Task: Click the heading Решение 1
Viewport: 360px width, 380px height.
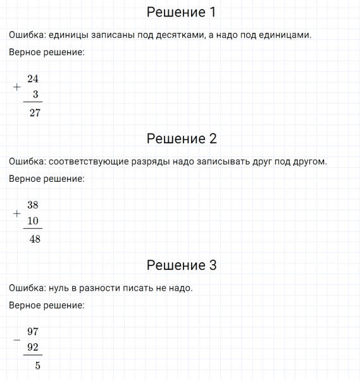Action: (181, 12)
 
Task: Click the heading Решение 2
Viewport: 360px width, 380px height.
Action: (181, 139)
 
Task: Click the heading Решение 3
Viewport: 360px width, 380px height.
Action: (181, 265)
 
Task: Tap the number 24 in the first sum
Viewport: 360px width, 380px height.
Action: (34, 79)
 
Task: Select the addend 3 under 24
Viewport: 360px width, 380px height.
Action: (35, 94)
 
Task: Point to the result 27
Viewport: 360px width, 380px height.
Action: (35, 113)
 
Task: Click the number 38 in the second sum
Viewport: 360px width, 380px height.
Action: (34, 205)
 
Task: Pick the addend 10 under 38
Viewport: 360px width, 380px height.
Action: (34, 220)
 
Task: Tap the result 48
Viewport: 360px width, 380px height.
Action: (35, 239)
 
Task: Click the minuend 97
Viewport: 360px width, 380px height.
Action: (34, 331)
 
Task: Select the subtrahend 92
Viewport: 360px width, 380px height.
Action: (34, 346)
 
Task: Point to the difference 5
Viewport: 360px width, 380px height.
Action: (37, 365)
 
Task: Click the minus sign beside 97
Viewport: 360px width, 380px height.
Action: (16, 339)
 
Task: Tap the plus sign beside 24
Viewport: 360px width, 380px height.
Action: (16, 87)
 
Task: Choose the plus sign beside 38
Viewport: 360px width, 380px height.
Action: (16, 213)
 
